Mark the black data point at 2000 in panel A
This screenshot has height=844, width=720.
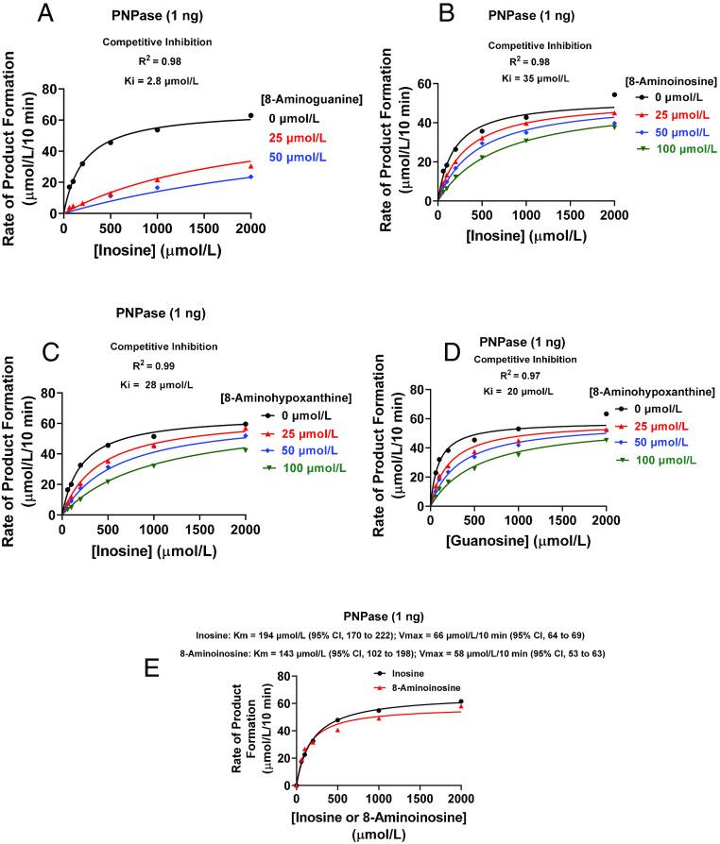(x=250, y=115)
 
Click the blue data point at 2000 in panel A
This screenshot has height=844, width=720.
(x=250, y=177)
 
